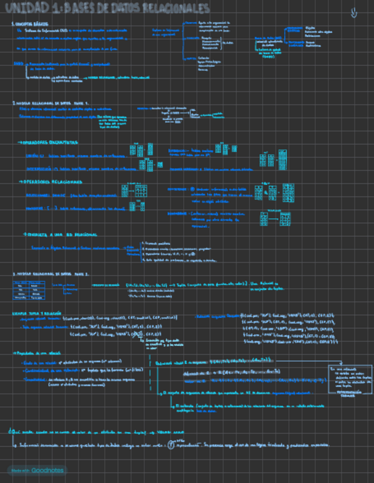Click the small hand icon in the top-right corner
point(354,11)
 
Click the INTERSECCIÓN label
point(40,169)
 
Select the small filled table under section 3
point(30,289)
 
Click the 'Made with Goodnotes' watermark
point(36,470)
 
